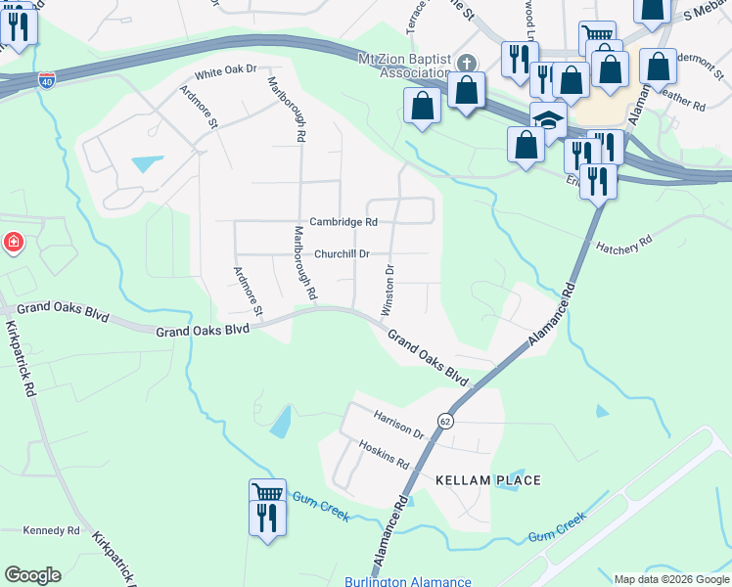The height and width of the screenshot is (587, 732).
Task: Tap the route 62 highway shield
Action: click(446, 420)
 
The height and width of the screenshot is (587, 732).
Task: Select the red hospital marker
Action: click(13, 242)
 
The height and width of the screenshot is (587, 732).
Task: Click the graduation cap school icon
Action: click(549, 120)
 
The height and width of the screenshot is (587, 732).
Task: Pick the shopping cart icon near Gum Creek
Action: click(267, 493)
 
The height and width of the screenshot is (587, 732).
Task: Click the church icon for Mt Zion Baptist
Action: click(466, 64)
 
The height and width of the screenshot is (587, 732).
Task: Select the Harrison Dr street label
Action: click(398, 424)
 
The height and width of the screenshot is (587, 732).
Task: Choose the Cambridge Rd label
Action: click(343, 222)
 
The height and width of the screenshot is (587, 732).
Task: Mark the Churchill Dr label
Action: click(342, 253)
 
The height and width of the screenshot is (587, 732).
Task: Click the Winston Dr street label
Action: click(389, 289)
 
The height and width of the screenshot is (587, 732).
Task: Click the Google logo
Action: click(32, 575)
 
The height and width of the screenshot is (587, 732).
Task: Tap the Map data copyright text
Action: click(671, 579)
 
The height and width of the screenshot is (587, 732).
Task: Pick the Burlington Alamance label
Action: click(407, 581)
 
